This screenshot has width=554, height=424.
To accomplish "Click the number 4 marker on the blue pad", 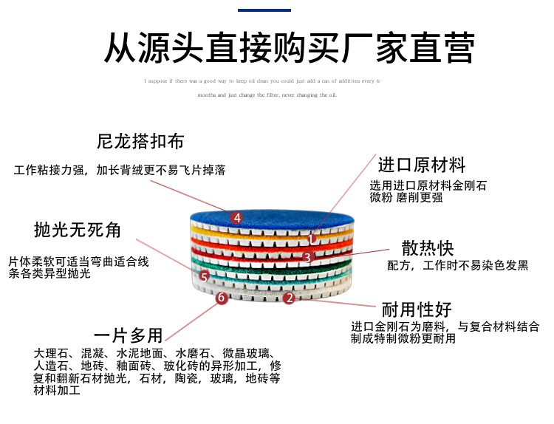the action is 236,217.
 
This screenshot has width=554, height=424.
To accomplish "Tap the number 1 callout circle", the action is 312,239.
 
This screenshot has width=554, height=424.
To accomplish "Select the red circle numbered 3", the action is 308,257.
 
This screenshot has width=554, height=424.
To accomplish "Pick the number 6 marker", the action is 220,298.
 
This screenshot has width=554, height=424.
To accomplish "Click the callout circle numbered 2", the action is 290,298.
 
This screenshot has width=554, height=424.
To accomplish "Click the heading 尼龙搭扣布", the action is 140,142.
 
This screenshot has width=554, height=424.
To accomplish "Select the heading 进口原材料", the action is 421,164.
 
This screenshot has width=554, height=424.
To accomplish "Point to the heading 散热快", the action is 427,247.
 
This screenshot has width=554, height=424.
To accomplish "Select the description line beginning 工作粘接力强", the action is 120,171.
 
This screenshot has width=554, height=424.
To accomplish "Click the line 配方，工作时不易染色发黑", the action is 457,266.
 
